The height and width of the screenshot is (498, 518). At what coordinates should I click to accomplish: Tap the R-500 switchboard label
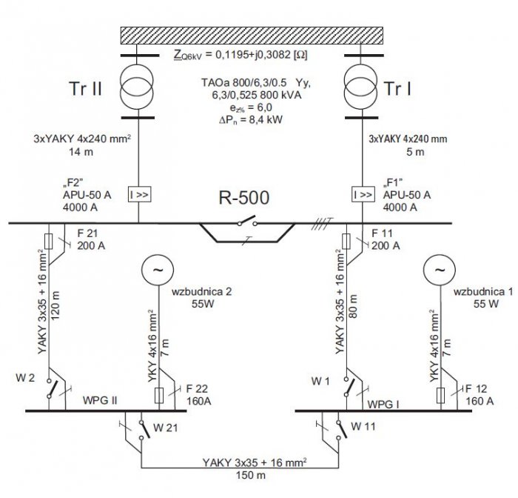tap(243, 198)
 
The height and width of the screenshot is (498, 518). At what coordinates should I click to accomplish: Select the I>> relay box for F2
tap(139, 194)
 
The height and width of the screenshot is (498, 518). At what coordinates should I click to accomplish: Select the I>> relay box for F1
tap(363, 194)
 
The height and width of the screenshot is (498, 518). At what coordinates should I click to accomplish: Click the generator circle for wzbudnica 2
tap(158, 270)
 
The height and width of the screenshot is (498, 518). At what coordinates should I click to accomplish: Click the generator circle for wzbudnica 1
tap(440, 270)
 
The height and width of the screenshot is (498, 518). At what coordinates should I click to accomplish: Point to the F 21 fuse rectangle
tap(49, 242)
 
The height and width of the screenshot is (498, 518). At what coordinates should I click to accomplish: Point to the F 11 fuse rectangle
tap(346, 242)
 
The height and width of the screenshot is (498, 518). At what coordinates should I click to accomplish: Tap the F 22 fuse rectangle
tap(159, 396)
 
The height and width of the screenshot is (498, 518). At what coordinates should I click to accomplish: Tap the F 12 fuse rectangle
tap(441, 396)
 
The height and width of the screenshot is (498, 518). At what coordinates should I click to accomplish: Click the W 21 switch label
tap(166, 428)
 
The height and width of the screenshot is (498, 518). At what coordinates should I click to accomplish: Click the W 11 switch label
tap(363, 427)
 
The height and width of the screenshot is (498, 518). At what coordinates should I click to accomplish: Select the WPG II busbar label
tap(100, 400)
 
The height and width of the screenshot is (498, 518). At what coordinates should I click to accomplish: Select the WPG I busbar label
tap(383, 405)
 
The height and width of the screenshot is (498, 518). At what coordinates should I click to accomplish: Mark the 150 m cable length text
tap(250, 475)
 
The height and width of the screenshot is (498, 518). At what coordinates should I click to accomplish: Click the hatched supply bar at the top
tap(252, 36)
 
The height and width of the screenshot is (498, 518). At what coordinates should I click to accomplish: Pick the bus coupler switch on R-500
tap(247, 221)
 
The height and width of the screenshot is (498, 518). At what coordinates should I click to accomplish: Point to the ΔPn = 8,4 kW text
tap(251, 120)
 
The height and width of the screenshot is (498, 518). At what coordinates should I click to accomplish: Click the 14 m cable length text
tap(81, 152)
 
